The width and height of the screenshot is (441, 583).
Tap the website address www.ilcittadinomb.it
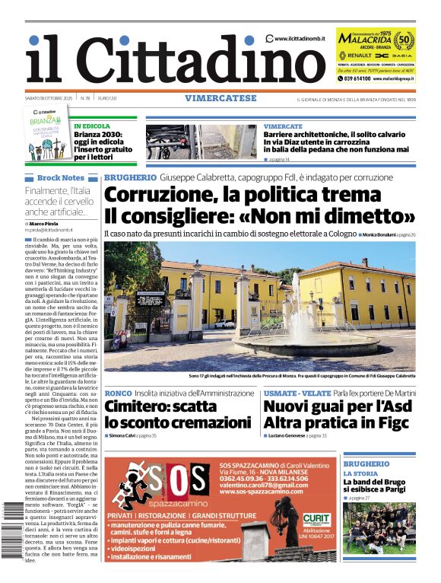300,39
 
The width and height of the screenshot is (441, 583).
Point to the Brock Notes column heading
60,177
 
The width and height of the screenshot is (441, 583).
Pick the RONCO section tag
118,393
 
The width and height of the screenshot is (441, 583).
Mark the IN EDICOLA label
91,126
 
